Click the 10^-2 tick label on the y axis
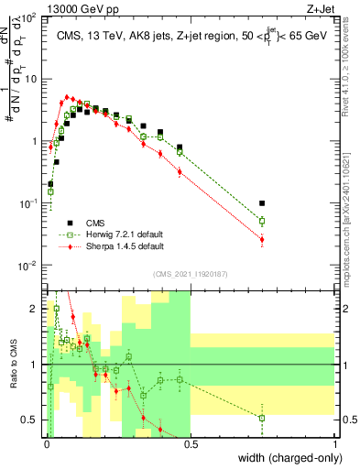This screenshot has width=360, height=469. click(29, 266)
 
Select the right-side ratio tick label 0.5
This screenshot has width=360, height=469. click(347, 420)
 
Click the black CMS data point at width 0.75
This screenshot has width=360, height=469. click(262, 203)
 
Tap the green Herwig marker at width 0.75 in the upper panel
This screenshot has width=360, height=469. click(262, 221)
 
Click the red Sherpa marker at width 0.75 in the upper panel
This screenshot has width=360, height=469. click(262, 240)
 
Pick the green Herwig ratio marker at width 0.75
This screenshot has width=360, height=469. click(262, 418)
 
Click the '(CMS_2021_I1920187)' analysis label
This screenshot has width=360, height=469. click(190, 273)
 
